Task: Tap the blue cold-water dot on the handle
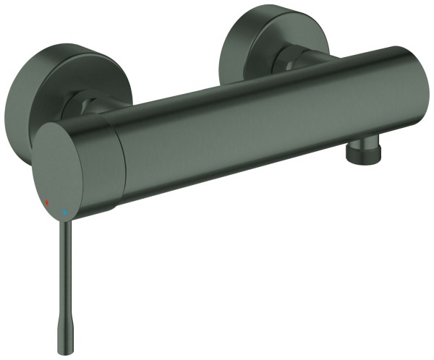(64, 213)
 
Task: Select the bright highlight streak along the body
(260, 87)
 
